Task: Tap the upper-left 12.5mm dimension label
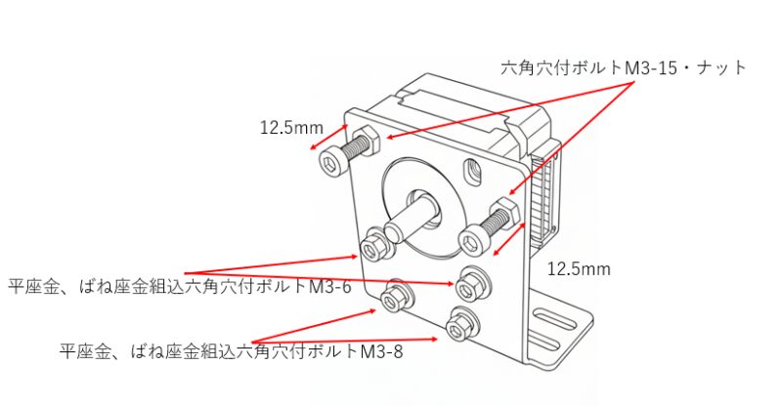click(x=291, y=127)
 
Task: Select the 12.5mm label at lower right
click(x=579, y=268)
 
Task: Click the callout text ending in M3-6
click(x=179, y=287)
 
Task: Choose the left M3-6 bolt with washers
click(x=374, y=244)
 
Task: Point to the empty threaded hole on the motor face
click(x=475, y=171)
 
